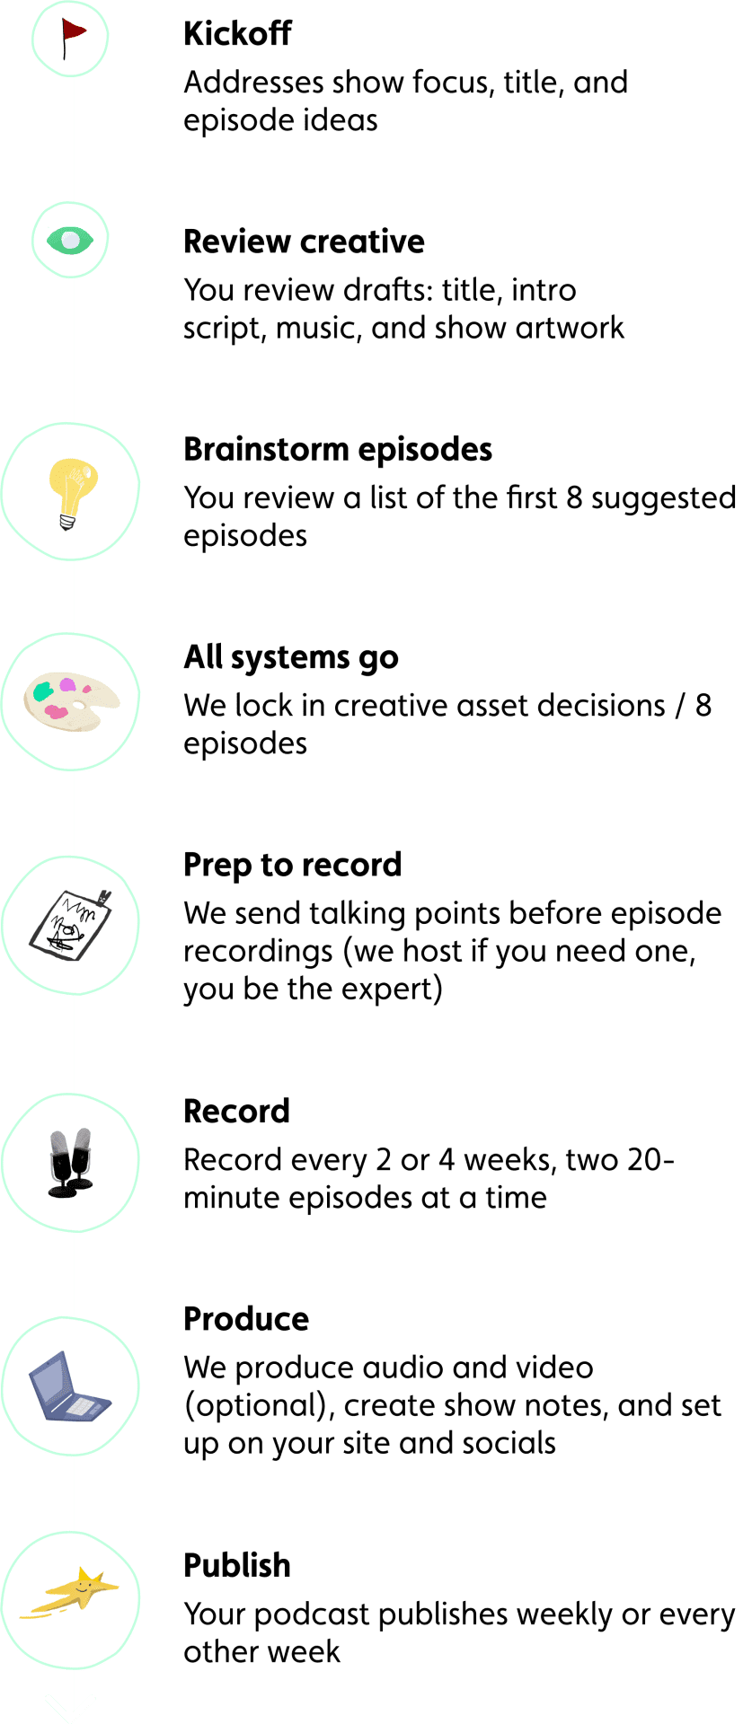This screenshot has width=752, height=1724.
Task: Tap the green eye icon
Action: [70, 240]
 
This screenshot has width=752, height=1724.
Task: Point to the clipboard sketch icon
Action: [70, 925]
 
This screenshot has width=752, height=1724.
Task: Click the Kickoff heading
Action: [237, 33]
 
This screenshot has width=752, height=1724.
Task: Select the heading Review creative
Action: [304, 242]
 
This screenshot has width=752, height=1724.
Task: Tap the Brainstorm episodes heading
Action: [338, 450]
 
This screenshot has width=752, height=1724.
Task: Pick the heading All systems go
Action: [291, 658]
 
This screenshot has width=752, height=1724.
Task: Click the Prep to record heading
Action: [293, 866]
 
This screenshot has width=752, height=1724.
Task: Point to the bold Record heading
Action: [237, 1112]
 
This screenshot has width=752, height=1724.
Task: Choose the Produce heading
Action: [246, 1319]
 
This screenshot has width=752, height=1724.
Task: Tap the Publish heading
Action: [237, 1566]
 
